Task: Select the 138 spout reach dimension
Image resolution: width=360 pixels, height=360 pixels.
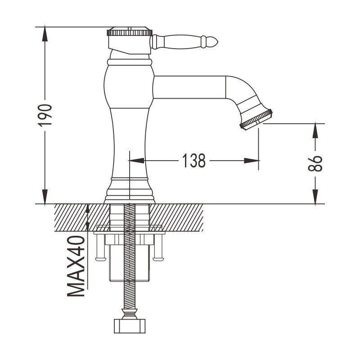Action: tap(194, 160)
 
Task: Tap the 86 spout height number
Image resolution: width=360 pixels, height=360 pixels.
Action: tap(316, 163)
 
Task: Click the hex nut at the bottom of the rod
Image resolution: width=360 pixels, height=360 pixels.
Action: tap(130, 325)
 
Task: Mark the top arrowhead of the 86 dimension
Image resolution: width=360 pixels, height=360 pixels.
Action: tap(316, 129)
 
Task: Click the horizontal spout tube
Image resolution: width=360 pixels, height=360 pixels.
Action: tap(189, 87)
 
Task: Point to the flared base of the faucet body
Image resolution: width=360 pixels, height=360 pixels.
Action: tap(130, 191)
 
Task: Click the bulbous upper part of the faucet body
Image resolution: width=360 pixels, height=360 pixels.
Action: tap(129, 85)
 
